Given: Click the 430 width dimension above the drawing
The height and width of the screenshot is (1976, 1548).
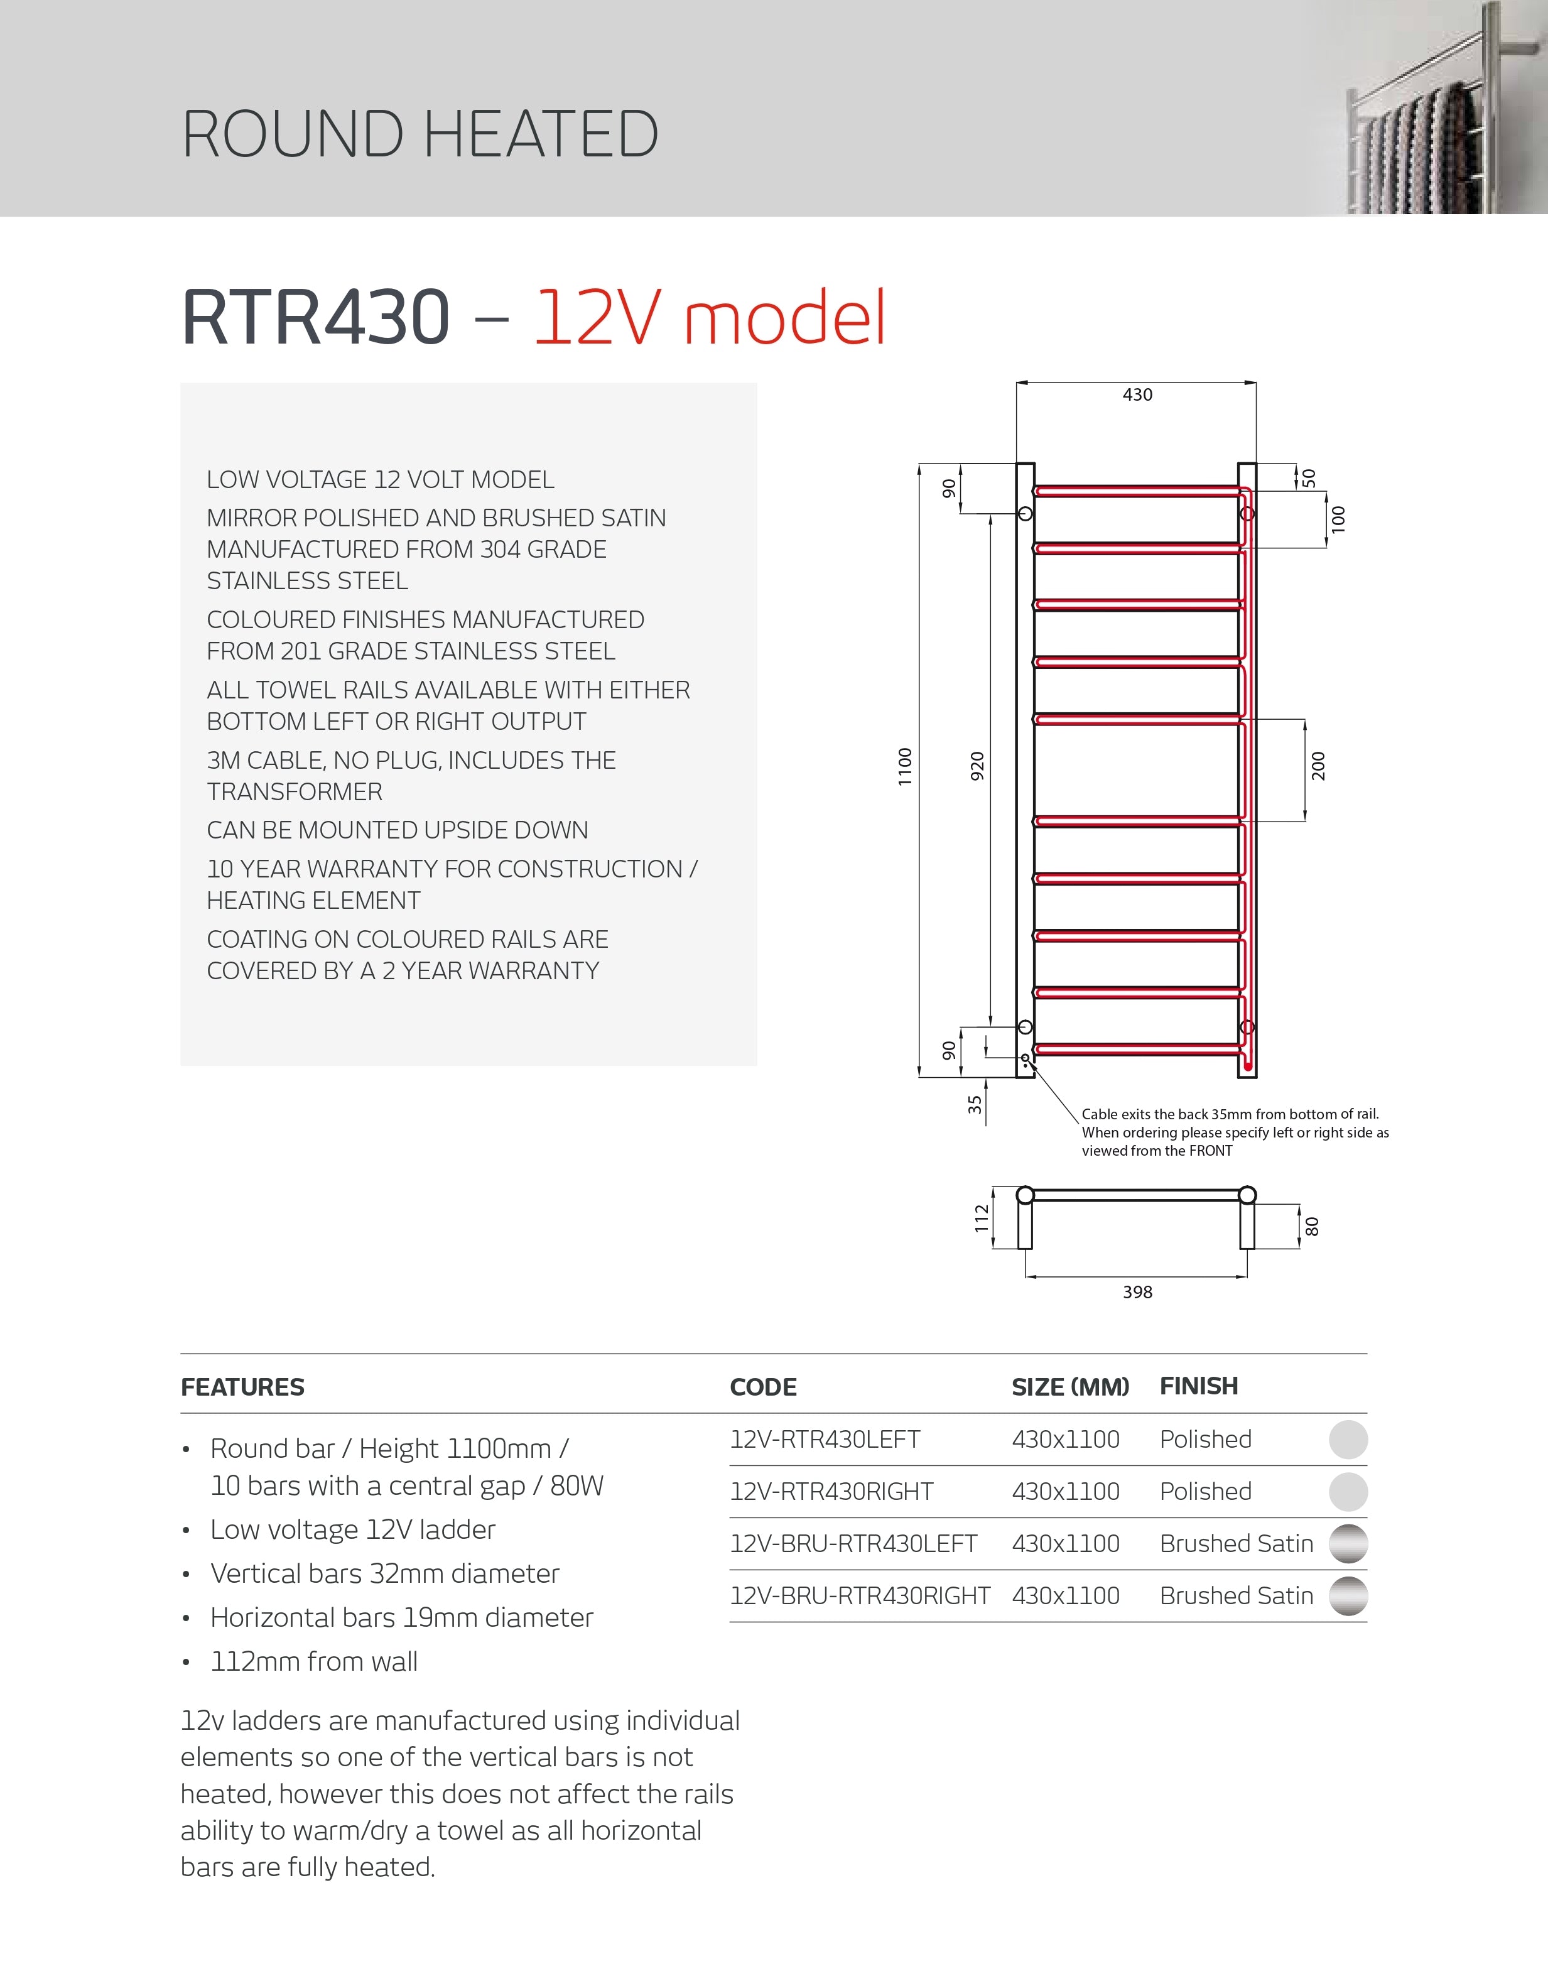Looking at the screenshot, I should coord(1137,394).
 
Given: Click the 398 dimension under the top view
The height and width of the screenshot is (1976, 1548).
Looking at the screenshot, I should coord(1137,1291).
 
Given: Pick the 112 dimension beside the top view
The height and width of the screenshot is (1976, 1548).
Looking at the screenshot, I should coord(982,1219).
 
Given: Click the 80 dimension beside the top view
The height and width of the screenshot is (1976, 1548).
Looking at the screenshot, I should coord(1311,1227).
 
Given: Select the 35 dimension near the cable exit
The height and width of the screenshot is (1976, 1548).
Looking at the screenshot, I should coord(974,1104).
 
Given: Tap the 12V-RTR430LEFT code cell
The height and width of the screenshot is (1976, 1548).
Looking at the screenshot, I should coord(825,1440).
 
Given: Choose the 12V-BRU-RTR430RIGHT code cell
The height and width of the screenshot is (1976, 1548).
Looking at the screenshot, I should coord(859,1595).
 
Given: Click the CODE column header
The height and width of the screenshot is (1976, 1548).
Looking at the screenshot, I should coord(763,1387).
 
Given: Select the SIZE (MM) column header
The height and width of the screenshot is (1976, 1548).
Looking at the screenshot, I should coord(1070,1387).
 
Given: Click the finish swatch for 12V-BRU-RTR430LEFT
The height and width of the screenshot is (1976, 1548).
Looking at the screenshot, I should coord(1348,1544).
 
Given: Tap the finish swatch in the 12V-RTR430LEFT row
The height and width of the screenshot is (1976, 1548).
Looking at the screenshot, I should coord(1348,1440).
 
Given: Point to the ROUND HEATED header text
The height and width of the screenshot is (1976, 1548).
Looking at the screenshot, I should coord(419,134).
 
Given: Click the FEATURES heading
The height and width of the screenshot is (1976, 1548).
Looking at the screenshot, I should coord(243,1387).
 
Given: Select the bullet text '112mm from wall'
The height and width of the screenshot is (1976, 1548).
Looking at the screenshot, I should coord(313,1661).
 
